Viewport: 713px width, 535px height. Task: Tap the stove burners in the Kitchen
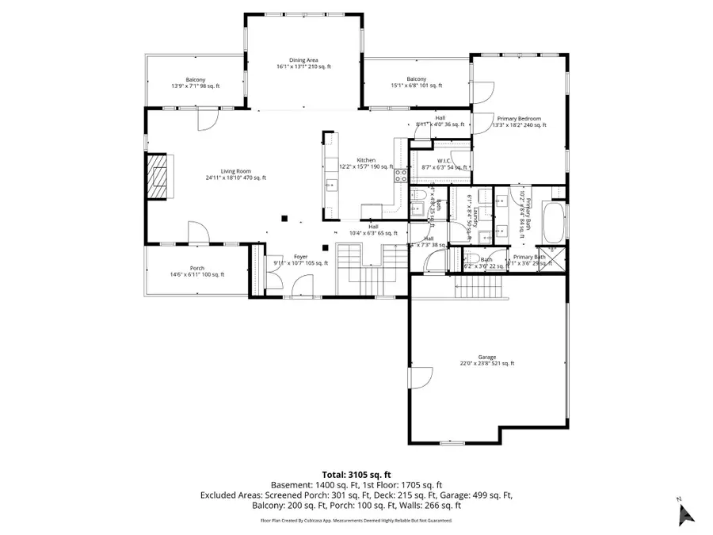click(401, 176)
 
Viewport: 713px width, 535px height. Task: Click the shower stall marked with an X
click(554, 259)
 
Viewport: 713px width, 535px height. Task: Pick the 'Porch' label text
click(196, 268)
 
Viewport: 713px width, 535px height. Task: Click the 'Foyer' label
click(300, 257)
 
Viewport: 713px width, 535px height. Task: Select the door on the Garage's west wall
click(421, 377)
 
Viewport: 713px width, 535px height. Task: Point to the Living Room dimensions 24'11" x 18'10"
click(235, 178)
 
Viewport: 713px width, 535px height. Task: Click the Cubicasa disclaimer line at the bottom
click(356, 521)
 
